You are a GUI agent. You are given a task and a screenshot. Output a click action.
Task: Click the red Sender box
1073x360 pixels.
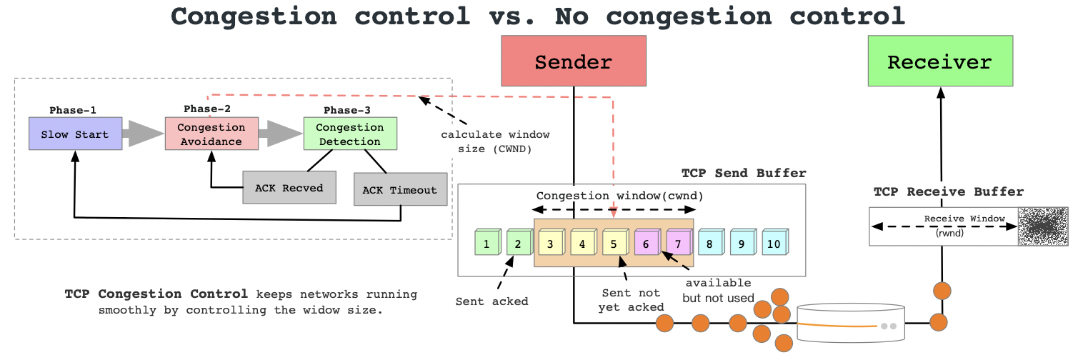pyautogui.click(x=573, y=62)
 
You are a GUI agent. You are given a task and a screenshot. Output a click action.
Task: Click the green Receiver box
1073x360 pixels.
pyautogui.click(x=939, y=62)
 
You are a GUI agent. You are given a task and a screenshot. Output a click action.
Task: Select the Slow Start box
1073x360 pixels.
pyautogui.click(x=75, y=134)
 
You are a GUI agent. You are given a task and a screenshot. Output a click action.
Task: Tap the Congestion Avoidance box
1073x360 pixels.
pyautogui.click(x=211, y=134)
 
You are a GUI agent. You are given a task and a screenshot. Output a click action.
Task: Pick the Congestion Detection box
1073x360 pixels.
pyautogui.click(x=349, y=134)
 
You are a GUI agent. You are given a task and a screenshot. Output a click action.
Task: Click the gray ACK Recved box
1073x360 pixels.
pyautogui.click(x=289, y=188)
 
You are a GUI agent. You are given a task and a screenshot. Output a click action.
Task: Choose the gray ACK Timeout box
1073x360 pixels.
pyautogui.click(x=399, y=190)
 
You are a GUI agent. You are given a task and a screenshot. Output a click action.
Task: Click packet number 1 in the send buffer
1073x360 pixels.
pyautogui.click(x=486, y=243)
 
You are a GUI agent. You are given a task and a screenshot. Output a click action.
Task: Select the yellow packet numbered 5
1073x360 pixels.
pyautogui.click(x=614, y=243)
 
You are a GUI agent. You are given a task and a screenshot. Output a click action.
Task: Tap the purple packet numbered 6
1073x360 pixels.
pyautogui.click(x=646, y=243)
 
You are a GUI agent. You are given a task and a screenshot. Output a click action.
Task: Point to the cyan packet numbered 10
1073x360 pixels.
pyautogui.click(x=774, y=243)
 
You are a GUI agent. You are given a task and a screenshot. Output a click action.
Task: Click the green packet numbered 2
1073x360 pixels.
pyautogui.click(x=518, y=243)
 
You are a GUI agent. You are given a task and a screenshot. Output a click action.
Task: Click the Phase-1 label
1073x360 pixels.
pyautogui.click(x=73, y=110)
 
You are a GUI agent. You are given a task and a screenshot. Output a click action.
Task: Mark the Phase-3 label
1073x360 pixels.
pyautogui.click(x=347, y=110)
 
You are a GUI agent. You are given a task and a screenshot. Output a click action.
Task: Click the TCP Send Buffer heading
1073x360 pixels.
pyautogui.click(x=743, y=174)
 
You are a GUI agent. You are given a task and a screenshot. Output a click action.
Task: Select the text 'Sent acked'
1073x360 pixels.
pyautogui.click(x=491, y=301)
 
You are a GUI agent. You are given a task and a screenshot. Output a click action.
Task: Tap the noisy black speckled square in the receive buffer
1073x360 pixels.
pyautogui.click(x=1042, y=227)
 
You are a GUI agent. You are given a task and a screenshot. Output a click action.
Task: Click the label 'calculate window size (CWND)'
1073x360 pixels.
pyautogui.click(x=495, y=141)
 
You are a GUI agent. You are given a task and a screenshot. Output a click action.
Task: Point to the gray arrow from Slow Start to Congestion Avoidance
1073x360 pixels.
pyautogui.click(x=143, y=134)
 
